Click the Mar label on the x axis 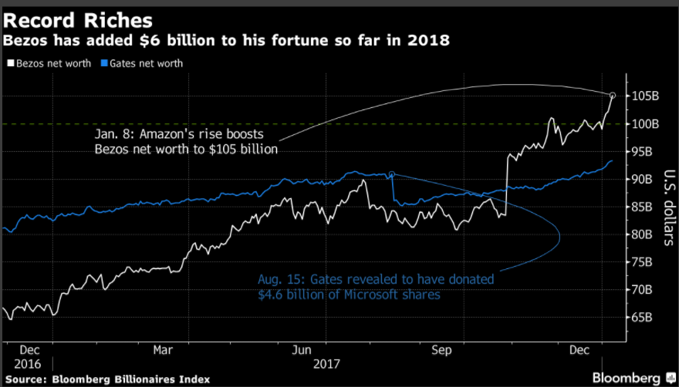163,349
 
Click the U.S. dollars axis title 665,207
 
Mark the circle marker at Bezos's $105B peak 613,96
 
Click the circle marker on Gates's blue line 392,174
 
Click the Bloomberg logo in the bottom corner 627,376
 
